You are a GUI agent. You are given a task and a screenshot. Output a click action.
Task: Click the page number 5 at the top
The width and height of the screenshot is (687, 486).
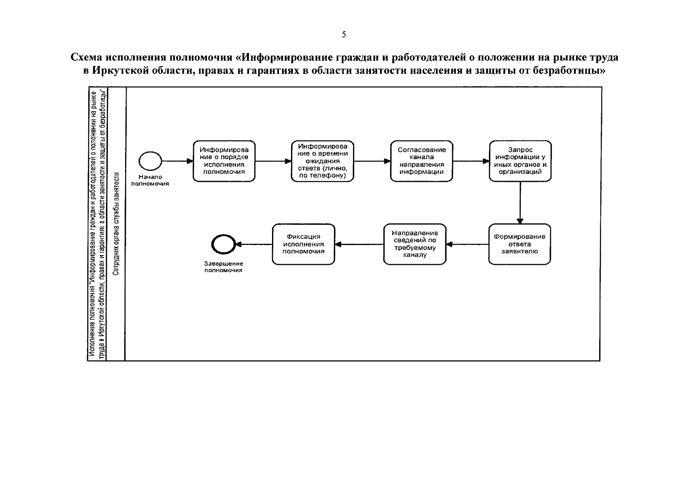point(344,35)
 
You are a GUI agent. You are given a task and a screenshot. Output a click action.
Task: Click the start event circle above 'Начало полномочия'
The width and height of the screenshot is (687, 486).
point(150,161)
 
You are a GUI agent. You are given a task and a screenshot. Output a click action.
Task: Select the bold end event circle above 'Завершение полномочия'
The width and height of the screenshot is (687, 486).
point(223,244)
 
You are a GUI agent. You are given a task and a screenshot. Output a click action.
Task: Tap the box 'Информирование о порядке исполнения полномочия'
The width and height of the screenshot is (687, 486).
point(224,161)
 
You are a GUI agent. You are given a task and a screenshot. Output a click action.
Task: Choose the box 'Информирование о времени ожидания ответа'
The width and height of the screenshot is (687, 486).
point(322,161)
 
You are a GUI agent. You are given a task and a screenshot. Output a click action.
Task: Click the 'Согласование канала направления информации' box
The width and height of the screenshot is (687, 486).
point(421,161)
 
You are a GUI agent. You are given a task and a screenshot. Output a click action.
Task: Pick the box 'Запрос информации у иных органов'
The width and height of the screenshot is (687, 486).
point(520,161)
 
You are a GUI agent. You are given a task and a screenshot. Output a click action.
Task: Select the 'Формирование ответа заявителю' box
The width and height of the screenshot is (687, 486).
point(519,244)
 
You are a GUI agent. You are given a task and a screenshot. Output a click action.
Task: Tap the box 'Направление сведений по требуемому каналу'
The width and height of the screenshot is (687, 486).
point(415,244)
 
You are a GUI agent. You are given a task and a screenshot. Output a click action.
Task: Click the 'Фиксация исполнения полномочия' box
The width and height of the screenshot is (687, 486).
point(304,244)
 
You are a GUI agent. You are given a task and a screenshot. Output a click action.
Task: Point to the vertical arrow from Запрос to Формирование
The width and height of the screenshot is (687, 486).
point(520,202)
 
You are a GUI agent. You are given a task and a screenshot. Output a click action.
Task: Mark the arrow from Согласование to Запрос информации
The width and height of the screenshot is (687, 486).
point(471,161)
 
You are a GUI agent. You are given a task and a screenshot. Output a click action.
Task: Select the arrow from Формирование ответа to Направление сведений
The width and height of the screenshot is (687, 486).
point(467,244)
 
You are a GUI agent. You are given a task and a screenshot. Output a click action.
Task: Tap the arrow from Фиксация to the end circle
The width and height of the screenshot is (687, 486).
point(254,244)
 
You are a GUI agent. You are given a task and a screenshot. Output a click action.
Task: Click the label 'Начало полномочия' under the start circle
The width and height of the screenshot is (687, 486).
point(150,180)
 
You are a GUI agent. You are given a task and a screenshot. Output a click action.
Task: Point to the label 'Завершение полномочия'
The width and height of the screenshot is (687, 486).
point(223,267)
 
